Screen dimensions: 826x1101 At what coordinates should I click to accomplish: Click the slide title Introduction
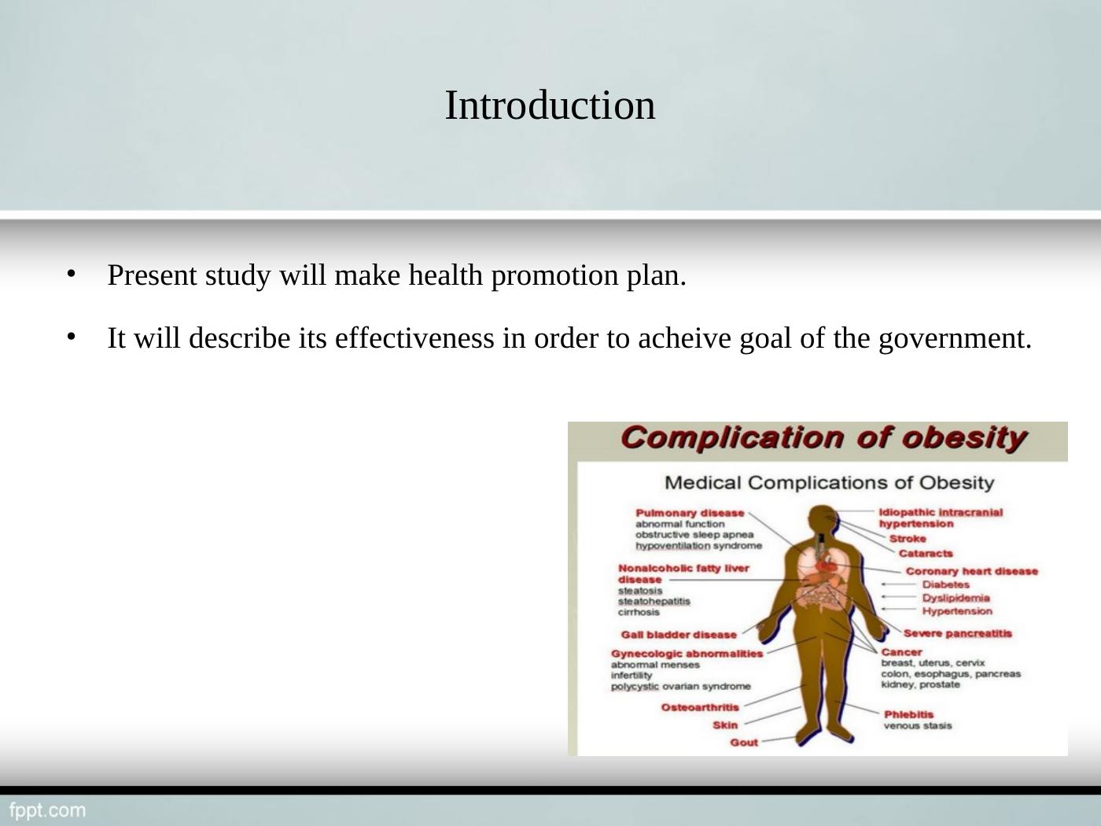pos(550,105)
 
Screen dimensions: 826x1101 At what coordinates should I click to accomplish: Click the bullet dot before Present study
pos(70,273)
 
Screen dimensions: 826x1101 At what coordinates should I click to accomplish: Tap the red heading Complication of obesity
pos(823,438)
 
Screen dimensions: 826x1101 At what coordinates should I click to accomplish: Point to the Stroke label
pos(908,539)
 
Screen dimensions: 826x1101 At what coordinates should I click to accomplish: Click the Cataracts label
pos(925,554)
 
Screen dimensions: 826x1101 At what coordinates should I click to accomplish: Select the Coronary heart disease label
pos(971,571)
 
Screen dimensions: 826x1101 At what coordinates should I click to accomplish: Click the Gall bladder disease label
pos(679,635)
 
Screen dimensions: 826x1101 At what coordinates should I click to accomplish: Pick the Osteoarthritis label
pos(700,707)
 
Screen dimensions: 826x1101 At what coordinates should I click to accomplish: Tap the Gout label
pos(744,743)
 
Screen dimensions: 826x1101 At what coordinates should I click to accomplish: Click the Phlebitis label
pos(908,714)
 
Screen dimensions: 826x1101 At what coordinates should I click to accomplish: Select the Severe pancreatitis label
pos(957,633)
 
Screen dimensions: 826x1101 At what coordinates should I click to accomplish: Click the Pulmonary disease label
pos(689,513)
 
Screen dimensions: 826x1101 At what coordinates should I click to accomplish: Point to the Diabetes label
pos(945,584)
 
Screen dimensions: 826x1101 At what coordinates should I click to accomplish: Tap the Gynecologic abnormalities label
pos(687,654)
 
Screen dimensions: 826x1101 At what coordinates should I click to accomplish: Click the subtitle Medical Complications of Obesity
pos(829,482)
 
